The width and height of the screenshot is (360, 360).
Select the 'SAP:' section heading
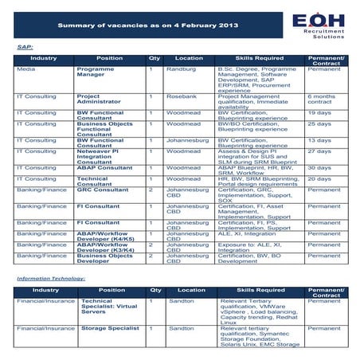click(x=25, y=47)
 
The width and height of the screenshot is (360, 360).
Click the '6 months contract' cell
click(x=321, y=100)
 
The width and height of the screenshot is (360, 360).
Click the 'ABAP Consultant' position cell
click(x=104, y=167)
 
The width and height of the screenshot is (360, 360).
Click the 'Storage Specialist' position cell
click(x=110, y=327)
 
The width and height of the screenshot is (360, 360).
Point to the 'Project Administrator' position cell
click(x=100, y=100)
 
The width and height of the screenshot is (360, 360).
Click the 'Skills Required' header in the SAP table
click(x=257, y=59)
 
